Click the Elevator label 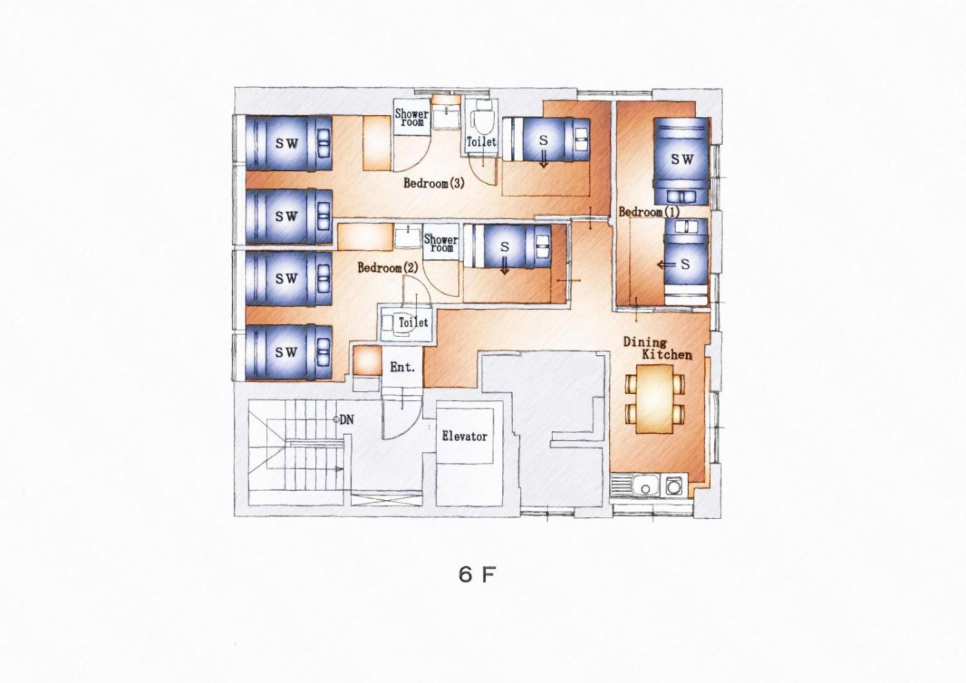pos(464,436)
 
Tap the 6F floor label pos(477,574)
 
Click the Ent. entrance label pos(402,367)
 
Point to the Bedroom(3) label pos(434,184)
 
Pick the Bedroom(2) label pos(388,268)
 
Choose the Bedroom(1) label pos(649,212)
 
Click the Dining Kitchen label pos(657,349)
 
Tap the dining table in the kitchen pos(655,399)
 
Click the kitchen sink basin pos(646,486)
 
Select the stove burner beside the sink pos(673,487)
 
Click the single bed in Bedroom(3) pos(546,139)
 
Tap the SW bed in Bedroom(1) pos(682,161)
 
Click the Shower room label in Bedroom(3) pos(412,117)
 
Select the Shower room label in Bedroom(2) pos(441,243)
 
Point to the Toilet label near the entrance pos(413,323)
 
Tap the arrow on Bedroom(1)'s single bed pos(667,265)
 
